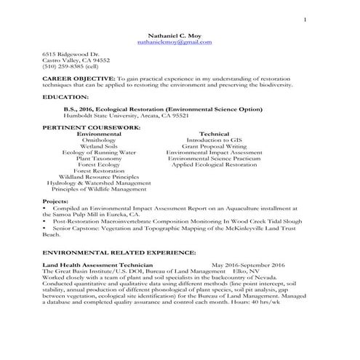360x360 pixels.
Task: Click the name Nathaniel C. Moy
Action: [174, 35]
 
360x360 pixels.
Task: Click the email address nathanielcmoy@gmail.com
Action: [174, 42]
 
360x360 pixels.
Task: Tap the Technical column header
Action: [214, 135]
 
